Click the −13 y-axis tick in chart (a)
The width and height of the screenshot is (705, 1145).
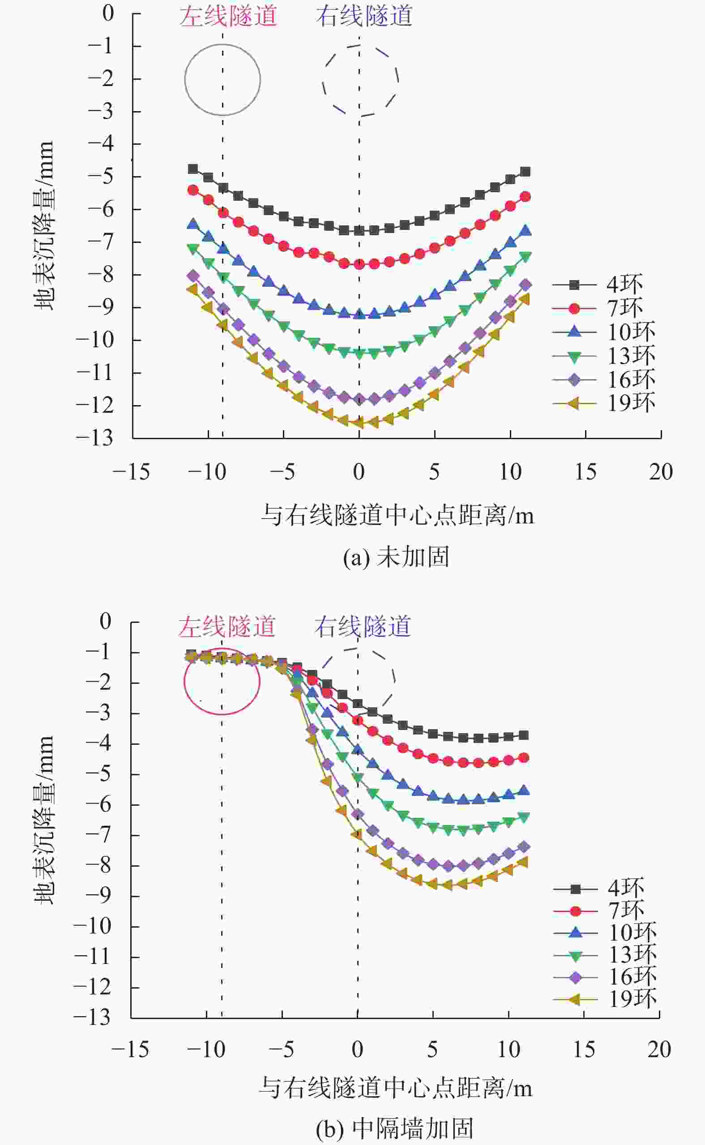94,438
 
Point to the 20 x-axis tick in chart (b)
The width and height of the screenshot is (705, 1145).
659,1050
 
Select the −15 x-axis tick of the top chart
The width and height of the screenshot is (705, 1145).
131,472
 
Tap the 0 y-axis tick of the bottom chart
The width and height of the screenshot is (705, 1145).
106,621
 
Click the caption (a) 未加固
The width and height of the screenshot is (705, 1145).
396,557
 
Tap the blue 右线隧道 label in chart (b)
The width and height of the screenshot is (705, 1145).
362,627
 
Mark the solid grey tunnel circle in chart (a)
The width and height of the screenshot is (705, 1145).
222,80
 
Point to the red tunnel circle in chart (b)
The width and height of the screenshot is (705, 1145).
222,682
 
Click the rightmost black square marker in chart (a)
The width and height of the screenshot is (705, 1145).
526,172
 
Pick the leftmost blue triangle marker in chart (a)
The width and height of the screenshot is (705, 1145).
192,225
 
